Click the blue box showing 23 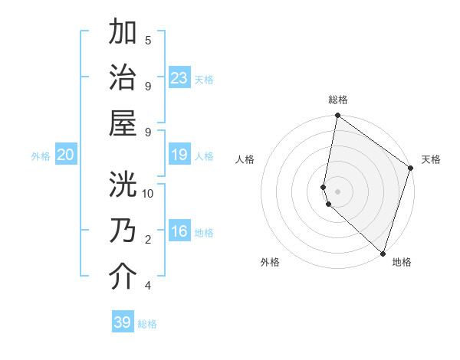[179, 77]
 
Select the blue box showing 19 [179, 155]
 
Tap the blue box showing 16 [179, 231]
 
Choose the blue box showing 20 [66, 155]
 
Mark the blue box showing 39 [123, 322]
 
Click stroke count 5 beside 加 [148, 40]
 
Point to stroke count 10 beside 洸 [148, 193]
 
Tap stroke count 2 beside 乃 [148, 240]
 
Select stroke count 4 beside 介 [148, 286]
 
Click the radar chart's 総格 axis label [338, 100]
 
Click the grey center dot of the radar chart [338, 191]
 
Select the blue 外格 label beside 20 [41, 156]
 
